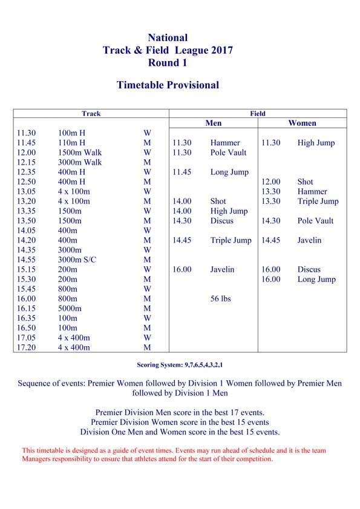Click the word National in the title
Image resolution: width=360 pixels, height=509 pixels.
pos(168,38)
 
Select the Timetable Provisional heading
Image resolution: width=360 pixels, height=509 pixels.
pos(168,85)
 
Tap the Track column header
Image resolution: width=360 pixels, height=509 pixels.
pos(91,113)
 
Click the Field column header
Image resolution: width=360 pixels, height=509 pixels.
pos(258,113)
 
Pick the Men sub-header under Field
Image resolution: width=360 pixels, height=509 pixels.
pos(214,123)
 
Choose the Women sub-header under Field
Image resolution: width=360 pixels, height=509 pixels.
pos(302,123)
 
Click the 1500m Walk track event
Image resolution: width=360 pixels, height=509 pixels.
pos(80,153)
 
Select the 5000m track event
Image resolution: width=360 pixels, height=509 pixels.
pos(70,308)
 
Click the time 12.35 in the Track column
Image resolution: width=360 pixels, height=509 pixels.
pos(27,172)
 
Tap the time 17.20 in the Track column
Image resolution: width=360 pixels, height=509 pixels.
pos(27,347)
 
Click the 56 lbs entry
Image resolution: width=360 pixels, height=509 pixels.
pos(221,298)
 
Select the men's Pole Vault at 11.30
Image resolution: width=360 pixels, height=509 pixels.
pos(229,153)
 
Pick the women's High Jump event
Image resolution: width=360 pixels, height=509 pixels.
pos(316,143)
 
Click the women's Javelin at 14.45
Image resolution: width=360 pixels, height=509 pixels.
pos(310,240)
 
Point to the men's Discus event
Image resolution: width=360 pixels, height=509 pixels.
pos(222,221)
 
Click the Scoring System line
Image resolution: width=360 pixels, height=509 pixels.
pos(180,365)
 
